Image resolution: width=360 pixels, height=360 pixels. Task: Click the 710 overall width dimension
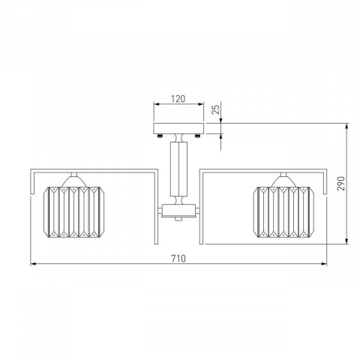[178, 258]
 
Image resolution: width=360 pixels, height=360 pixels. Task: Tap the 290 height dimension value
[340, 184]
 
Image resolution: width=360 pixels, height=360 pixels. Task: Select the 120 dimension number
[178, 99]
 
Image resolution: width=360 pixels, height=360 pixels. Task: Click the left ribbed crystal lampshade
[73, 211]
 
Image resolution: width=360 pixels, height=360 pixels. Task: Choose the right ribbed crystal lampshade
[283, 211]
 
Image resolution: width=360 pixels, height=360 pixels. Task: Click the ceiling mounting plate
[178, 128]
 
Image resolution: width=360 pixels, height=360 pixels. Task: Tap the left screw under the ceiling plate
[160, 136]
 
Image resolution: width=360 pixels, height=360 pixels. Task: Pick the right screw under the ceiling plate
[198, 136]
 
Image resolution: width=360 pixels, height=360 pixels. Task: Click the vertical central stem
[178, 169]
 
